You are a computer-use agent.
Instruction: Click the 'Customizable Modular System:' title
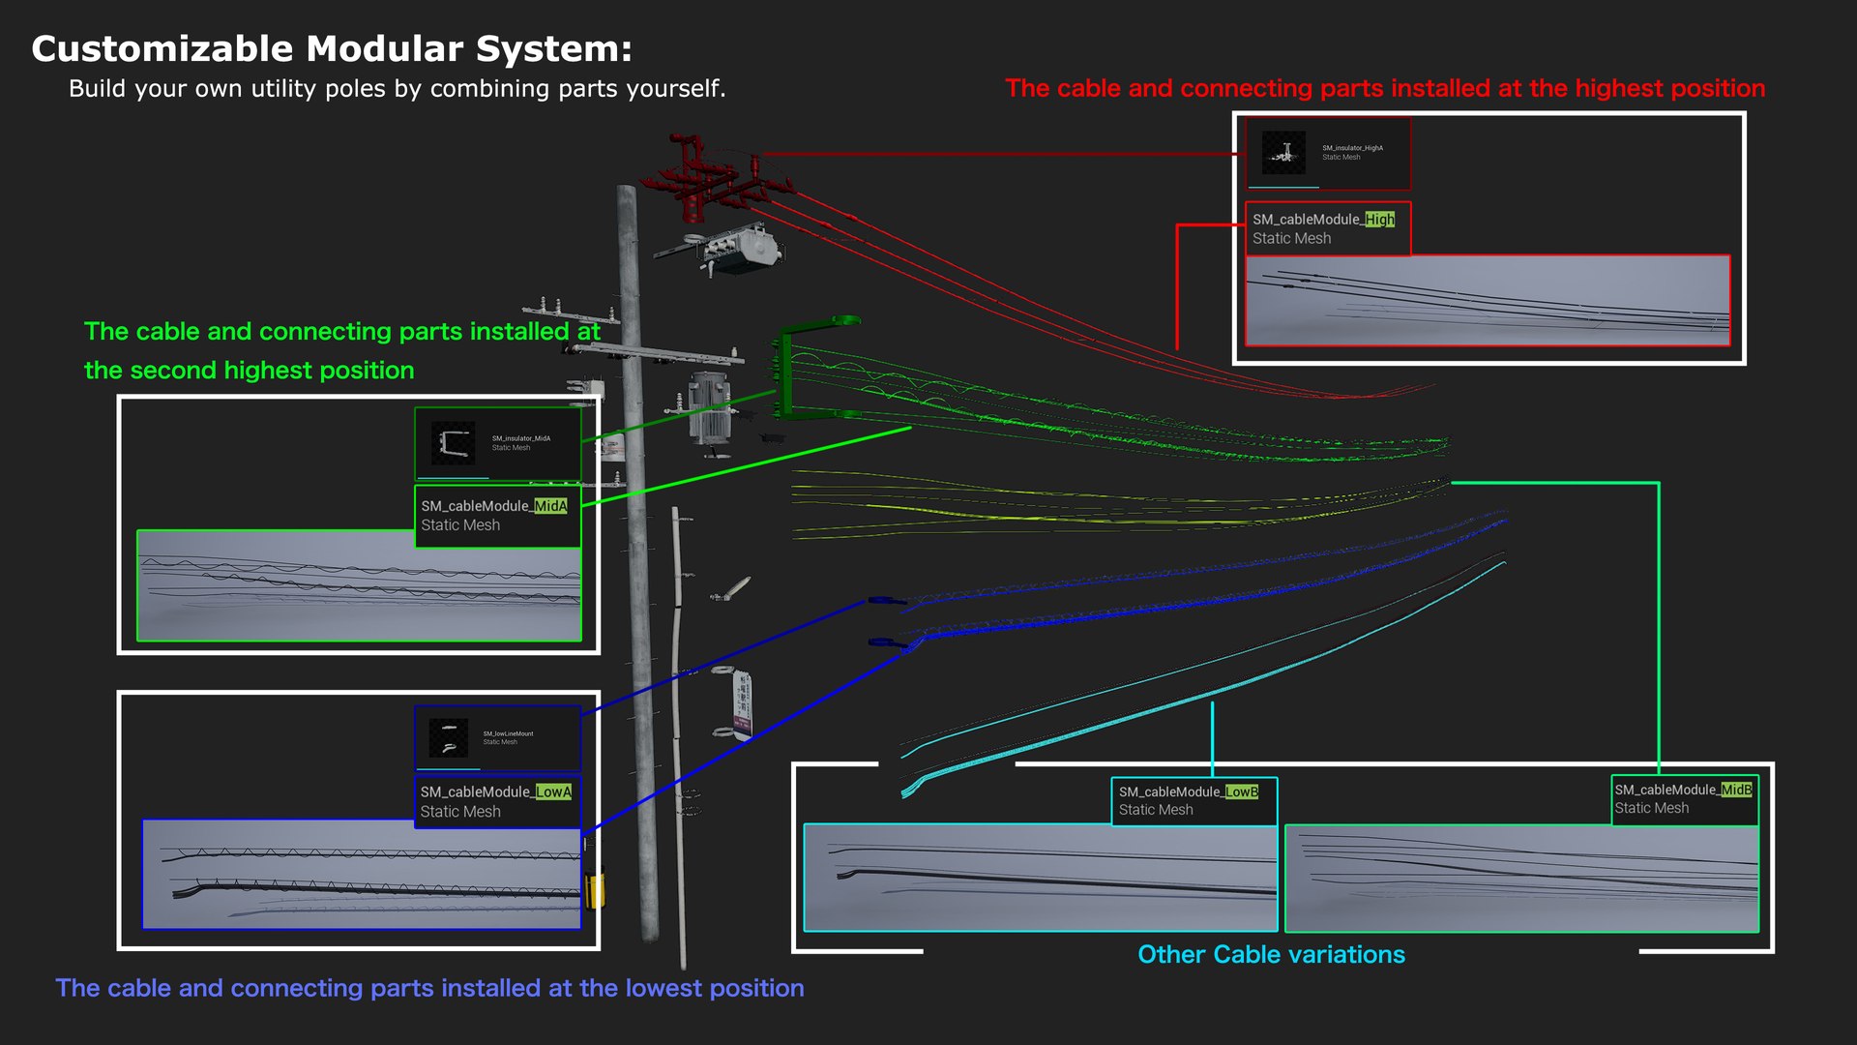tap(331, 48)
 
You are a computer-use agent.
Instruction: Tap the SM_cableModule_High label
tap(1323, 220)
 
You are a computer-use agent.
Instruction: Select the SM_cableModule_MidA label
tap(493, 506)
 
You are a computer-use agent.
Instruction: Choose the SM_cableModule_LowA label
tap(495, 791)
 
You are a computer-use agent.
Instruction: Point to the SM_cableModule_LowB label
tap(1188, 791)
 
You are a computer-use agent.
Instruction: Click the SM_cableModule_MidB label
tap(1683, 790)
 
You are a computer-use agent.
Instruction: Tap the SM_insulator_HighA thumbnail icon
tap(1284, 153)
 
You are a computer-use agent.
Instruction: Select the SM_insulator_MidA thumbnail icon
tap(453, 443)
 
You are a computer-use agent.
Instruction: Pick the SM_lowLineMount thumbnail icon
tap(448, 738)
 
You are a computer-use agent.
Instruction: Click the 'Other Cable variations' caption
tap(1271, 955)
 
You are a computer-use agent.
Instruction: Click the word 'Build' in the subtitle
tap(97, 89)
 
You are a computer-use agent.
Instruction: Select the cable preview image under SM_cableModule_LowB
tap(1040, 878)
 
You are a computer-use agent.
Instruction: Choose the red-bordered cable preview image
tap(1487, 301)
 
